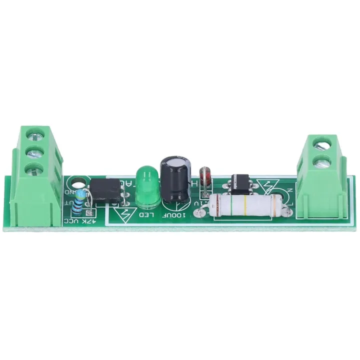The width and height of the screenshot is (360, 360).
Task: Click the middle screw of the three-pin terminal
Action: (x=34, y=151)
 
